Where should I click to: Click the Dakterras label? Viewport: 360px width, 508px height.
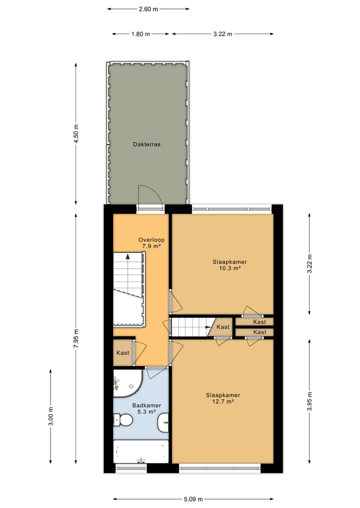(x=146, y=144)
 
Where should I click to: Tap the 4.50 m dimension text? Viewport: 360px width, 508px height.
(x=76, y=134)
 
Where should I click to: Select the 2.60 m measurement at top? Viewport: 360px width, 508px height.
(x=148, y=8)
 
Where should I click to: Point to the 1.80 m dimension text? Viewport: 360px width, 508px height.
(x=140, y=34)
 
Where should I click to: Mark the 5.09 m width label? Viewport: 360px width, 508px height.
(x=193, y=499)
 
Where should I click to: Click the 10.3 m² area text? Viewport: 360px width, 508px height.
(x=230, y=268)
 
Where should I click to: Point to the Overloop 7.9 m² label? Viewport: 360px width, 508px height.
(x=151, y=243)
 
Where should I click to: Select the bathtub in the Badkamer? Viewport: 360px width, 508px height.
(x=141, y=452)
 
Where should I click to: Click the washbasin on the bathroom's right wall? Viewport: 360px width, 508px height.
(x=163, y=425)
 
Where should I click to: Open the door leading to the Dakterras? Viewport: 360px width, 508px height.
(x=150, y=197)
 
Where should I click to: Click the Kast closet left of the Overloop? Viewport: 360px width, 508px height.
(x=122, y=353)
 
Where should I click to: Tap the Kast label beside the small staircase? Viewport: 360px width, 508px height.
(x=222, y=327)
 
